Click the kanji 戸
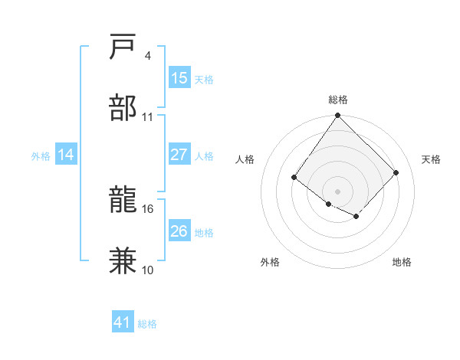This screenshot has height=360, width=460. point(123,47)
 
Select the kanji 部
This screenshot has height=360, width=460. point(123,107)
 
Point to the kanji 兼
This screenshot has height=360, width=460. point(123,260)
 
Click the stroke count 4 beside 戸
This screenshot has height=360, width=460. point(147,56)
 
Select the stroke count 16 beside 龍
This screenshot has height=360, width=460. point(148,208)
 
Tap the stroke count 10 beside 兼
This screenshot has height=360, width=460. point(148,270)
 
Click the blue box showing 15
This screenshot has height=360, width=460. point(179,78)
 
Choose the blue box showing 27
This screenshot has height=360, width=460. point(179,155)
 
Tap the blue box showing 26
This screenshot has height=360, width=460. point(179,231)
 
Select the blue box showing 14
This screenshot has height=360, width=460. point(66,155)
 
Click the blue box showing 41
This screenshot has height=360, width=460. point(123,322)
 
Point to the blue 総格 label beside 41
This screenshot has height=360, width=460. point(147,324)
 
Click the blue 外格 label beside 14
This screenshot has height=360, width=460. point(41,156)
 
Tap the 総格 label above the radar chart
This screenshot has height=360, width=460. point(337,100)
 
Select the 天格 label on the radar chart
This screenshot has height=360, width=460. point(431,159)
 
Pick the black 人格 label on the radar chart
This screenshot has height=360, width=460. point(245,159)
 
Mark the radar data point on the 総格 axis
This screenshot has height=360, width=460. point(337,116)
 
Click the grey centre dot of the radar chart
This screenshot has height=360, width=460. point(337,191)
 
